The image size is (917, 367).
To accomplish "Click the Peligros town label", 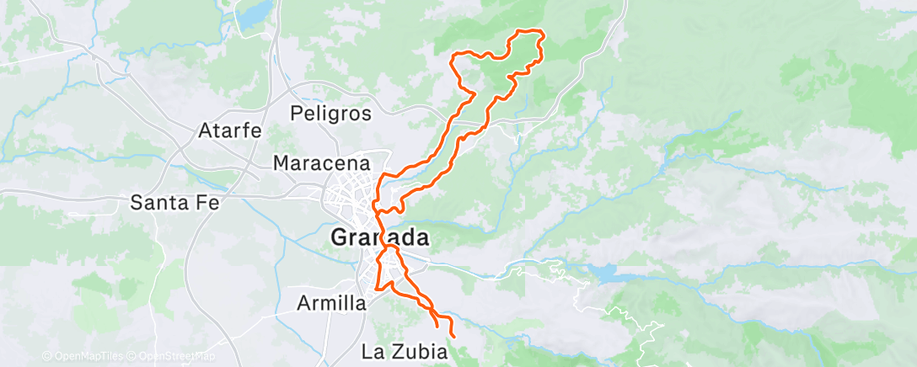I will pos(330,113).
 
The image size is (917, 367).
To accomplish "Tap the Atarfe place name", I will pos(230,131).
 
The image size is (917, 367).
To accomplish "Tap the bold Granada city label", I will pos(379,237).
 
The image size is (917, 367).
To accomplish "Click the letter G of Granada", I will pos(341,237).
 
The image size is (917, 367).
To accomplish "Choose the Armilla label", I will pos(332,303).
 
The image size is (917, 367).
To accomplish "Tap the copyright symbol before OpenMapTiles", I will pos(46,357).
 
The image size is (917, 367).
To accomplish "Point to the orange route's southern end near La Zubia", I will pos(453,337).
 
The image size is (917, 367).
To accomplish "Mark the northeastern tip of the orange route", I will pos(538,34).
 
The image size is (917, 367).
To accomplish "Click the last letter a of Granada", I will pos(421,238).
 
